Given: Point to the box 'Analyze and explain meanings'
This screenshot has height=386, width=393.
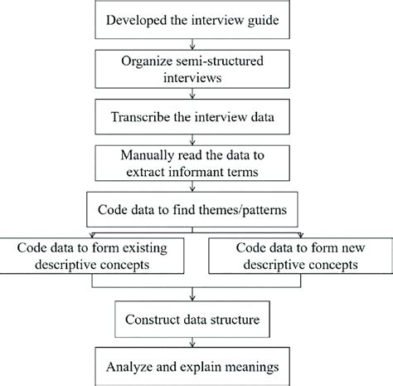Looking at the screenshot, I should pyautogui.click(x=196, y=366).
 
